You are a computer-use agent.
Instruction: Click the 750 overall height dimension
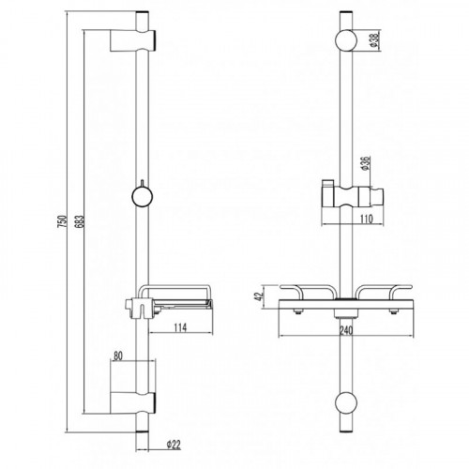tap(63, 221)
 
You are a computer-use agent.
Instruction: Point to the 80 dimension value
tap(116, 356)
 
